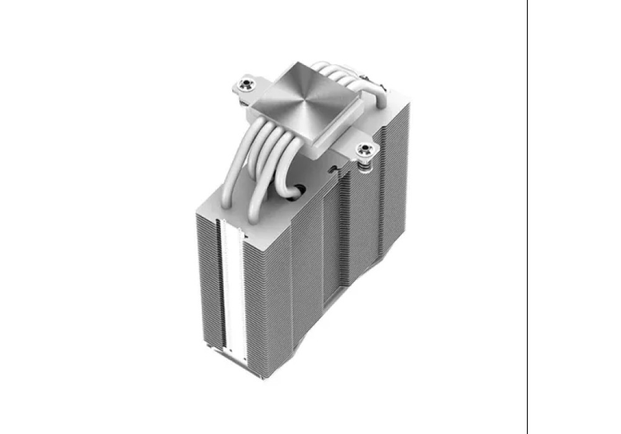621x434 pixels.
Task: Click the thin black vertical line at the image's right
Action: coord(527,217)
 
